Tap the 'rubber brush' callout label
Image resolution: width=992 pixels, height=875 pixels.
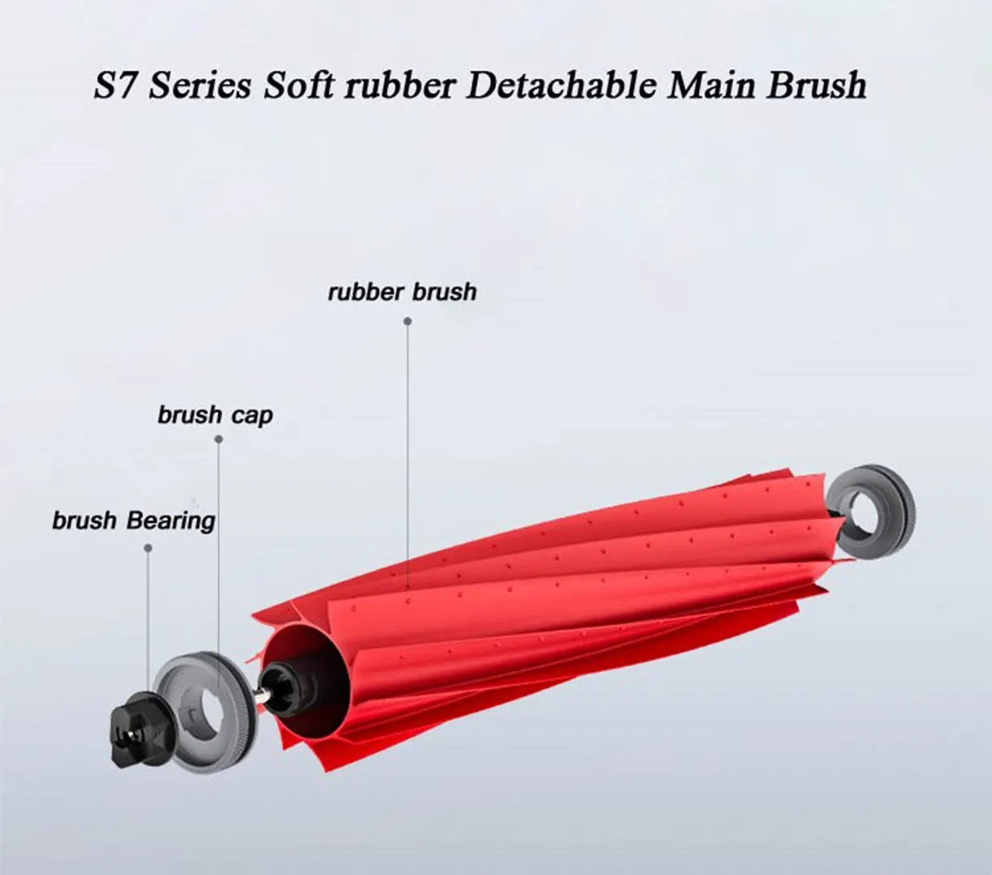(402, 292)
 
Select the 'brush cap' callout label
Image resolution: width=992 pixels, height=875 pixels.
(215, 416)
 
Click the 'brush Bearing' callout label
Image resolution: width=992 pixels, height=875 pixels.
(134, 520)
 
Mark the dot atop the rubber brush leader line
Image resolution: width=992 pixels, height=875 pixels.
(408, 321)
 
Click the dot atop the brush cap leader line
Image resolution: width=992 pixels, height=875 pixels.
(218, 439)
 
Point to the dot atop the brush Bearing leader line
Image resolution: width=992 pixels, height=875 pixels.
(148, 548)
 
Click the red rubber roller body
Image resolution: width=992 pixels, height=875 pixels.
(552, 601)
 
